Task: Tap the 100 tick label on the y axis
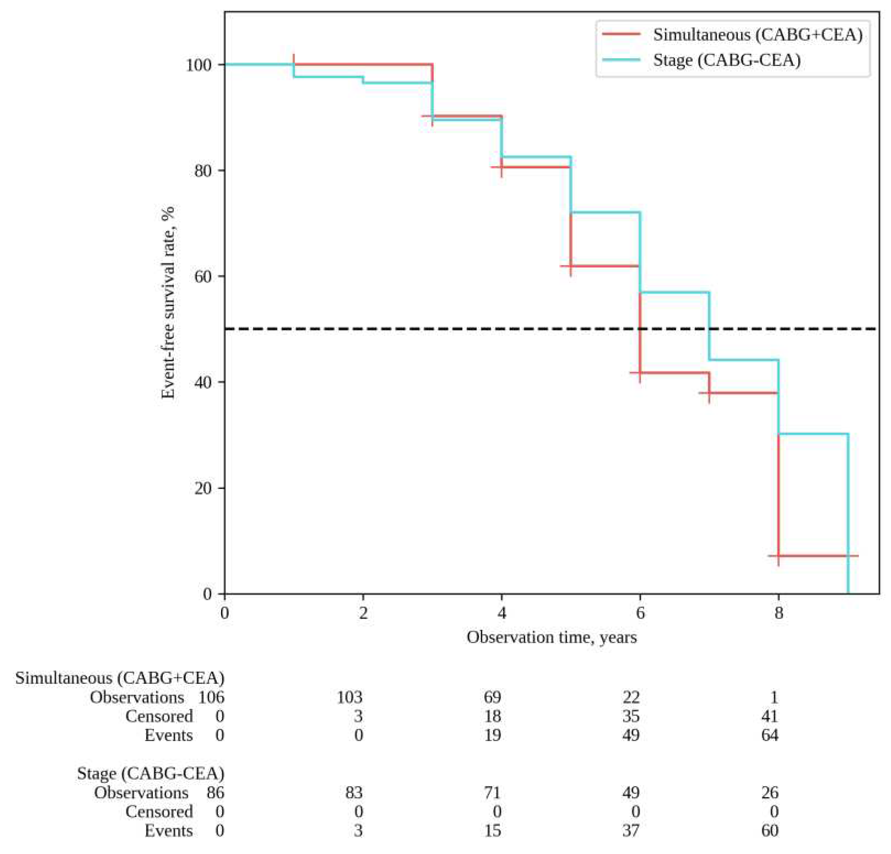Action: (198, 65)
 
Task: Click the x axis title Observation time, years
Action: (551, 637)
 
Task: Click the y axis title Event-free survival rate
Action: (169, 302)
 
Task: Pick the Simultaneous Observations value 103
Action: (349, 697)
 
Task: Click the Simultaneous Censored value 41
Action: (770, 716)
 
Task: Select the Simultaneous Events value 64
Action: (770, 735)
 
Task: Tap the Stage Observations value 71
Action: (492, 793)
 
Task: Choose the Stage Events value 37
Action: (631, 831)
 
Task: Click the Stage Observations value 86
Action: (215, 793)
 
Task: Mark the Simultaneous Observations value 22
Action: (631, 697)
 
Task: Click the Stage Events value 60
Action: (770, 831)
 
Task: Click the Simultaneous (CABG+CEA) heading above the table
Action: (120, 678)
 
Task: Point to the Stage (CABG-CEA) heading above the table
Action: (150, 774)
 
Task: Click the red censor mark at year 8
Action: (778, 556)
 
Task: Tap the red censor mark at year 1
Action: (294, 59)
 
